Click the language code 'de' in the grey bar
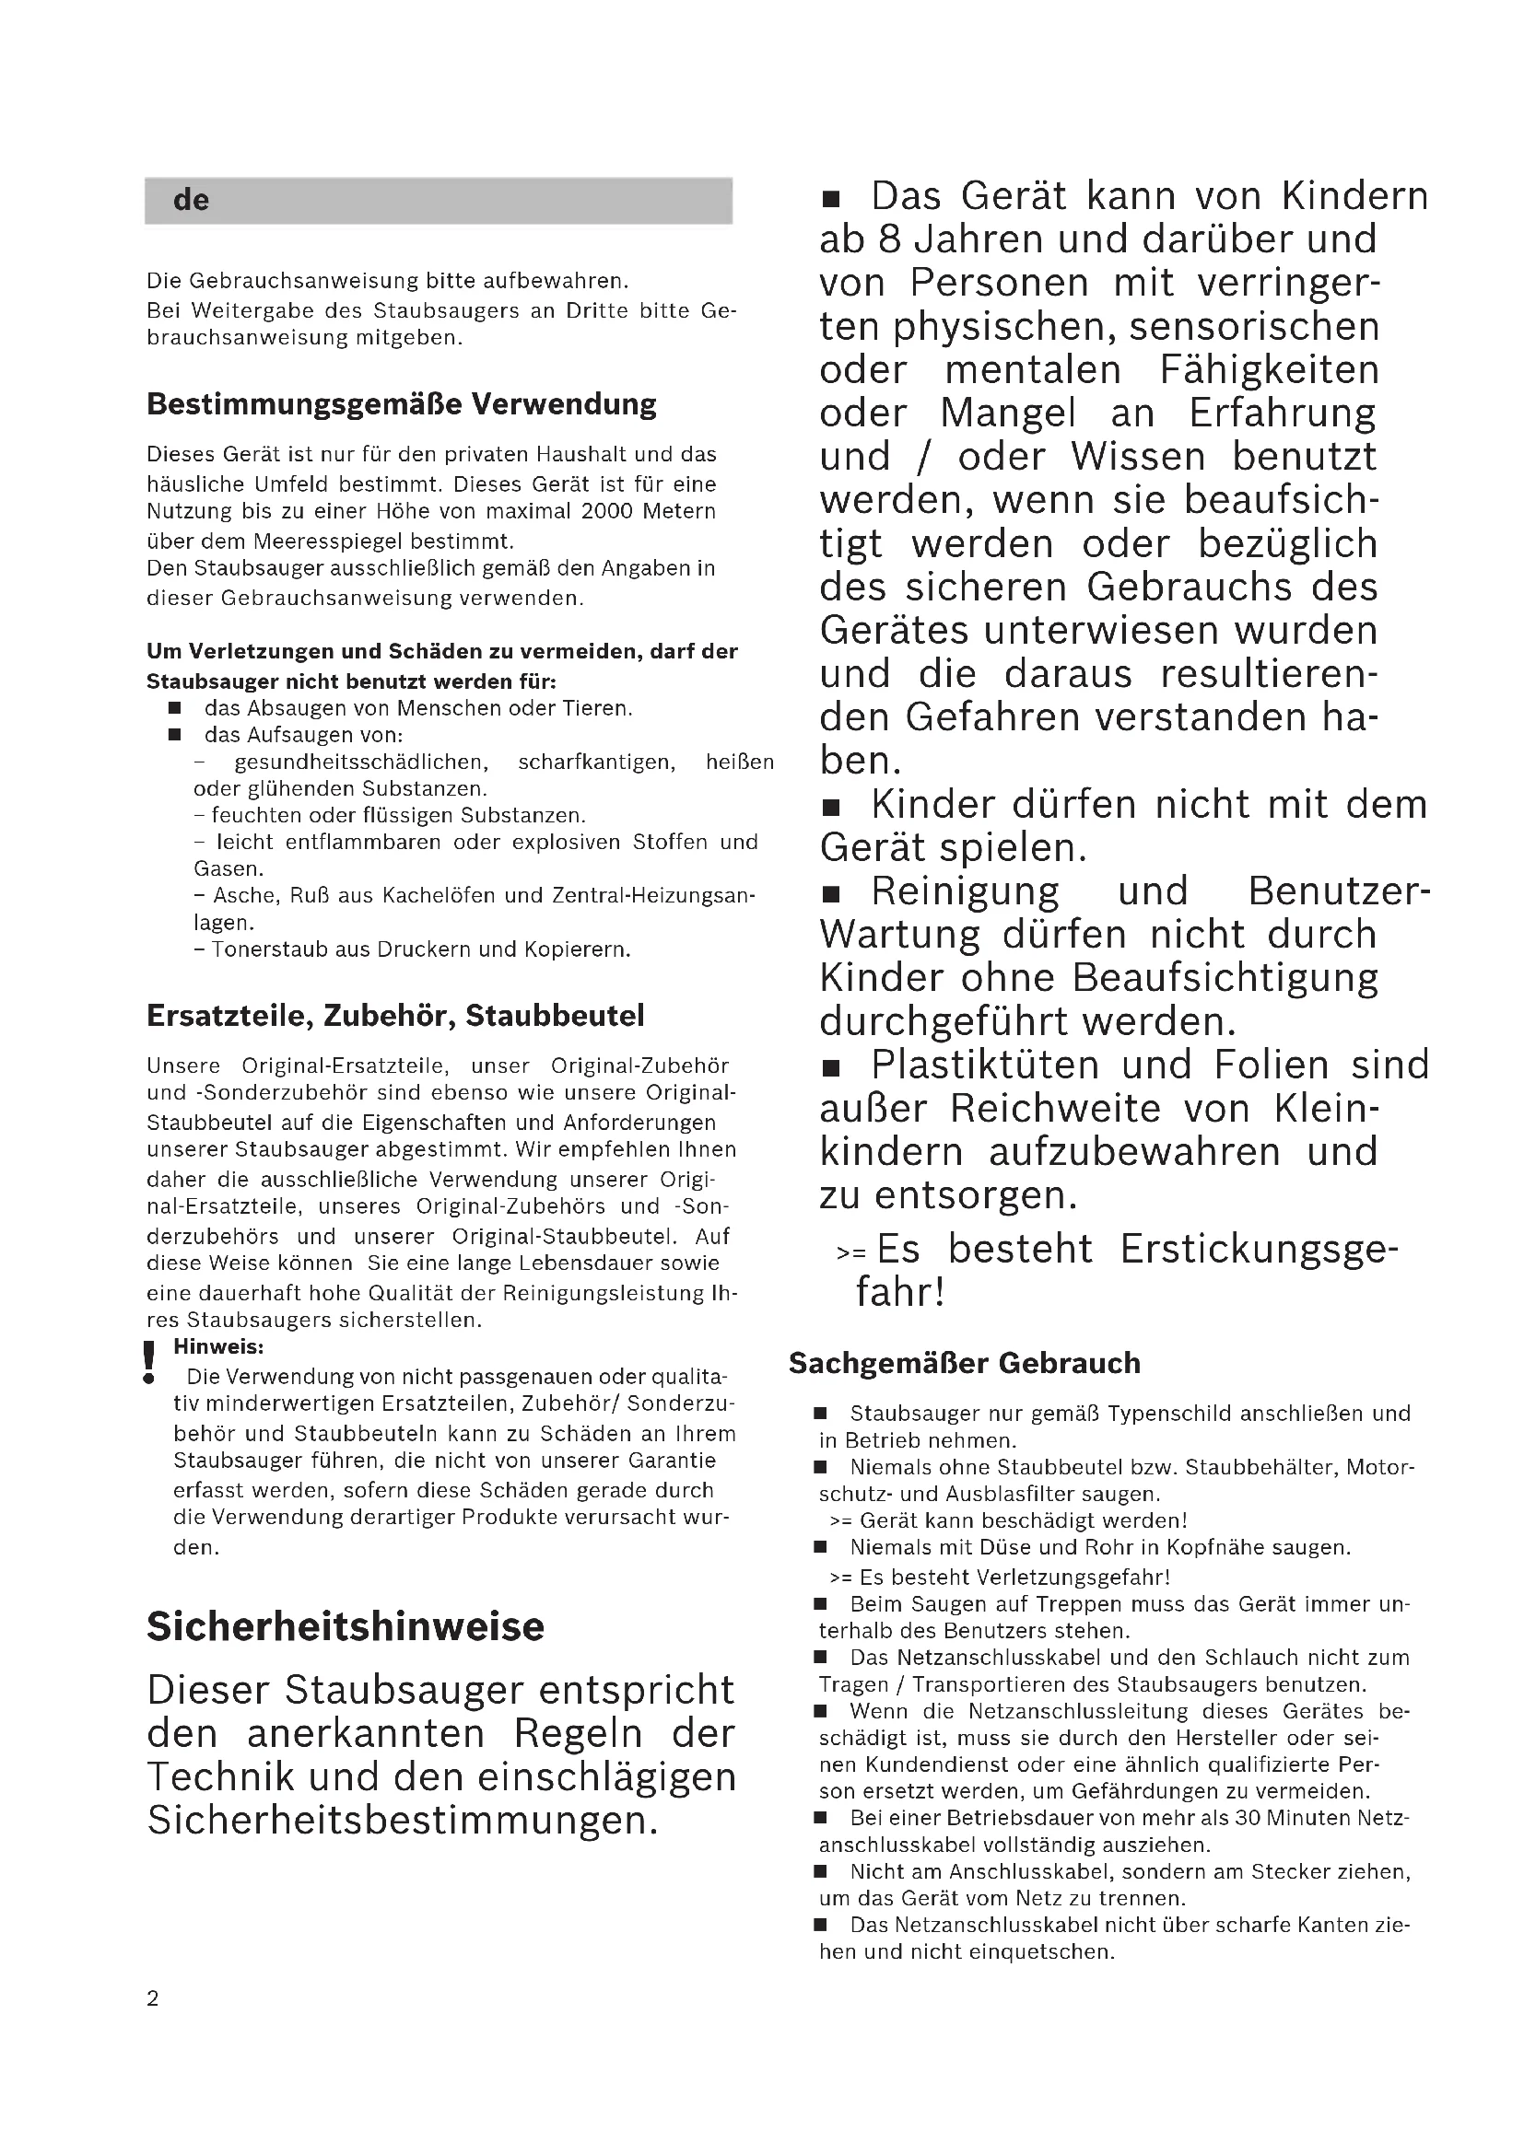point(191,200)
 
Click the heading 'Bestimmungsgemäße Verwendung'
point(401,404)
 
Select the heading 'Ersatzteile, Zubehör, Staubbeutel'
point(395,1016)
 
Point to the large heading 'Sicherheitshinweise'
point(346,1626)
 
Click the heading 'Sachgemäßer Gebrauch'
point(964,1363)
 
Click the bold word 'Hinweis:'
point(218,1347)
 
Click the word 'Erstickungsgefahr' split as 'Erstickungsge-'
point(1258,1250)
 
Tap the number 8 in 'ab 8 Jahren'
point(888,240)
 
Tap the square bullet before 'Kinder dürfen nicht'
point(831,807)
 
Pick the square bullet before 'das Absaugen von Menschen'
point(174,708)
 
